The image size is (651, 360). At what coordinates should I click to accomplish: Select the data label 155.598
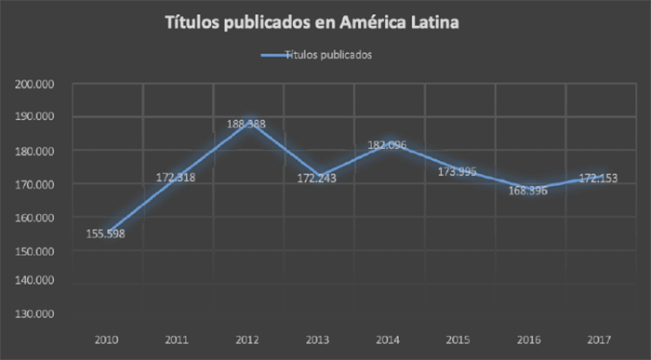tap(106, 233)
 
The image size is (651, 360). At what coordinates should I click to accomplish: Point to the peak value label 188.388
tap(246, 123)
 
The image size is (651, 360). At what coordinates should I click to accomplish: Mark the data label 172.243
tap(318, 178)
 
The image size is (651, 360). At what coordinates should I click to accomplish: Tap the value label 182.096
tap(388, 144)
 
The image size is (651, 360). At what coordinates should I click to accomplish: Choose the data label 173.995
tap(458, 172)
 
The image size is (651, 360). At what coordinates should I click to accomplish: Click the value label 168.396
tap(528, 191)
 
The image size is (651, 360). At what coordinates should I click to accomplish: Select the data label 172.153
tap(599, 178)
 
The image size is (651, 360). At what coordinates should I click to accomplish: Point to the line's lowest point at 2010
tap(106, 232)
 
